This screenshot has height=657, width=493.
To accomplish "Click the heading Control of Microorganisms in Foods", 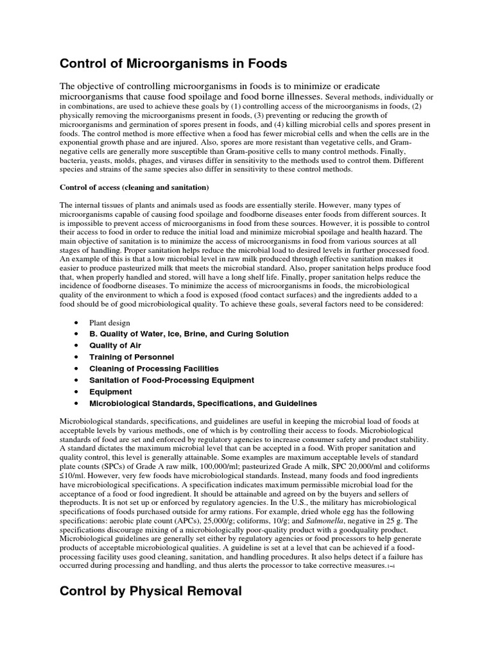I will (x=173, y=64).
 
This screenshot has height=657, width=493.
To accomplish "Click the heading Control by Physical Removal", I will (x=151, y=590).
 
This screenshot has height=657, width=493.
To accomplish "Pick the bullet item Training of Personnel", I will (x=132, y=357).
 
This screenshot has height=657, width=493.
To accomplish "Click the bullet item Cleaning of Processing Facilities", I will (x=154, y=368).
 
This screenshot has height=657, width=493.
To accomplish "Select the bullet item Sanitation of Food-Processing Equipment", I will (x=171, y=380).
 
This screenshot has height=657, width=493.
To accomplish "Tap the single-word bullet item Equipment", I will (x=110, y=391).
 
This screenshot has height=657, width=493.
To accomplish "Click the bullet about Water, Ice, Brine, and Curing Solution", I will (x=189, y=334).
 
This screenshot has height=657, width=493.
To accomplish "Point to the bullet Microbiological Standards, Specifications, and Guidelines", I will (x=203, y=403).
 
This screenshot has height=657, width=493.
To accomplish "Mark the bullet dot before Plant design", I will (x=76, y=322).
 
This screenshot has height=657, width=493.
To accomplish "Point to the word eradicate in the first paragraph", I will (x=358, y=86).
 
